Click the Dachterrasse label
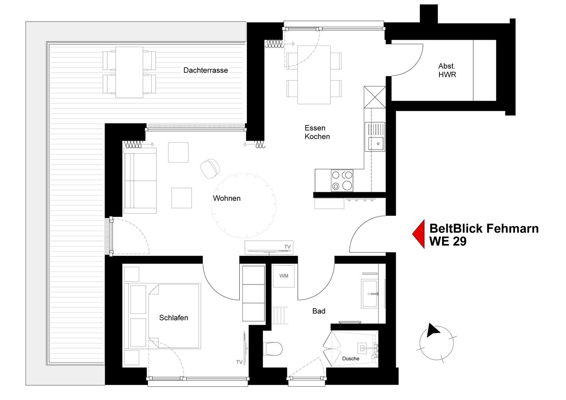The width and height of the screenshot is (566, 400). [206, 70]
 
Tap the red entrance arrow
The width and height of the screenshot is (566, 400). [419, 234]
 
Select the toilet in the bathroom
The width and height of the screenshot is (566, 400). [273, 349]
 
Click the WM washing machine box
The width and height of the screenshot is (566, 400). [283, 276]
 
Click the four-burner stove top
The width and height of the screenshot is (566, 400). [342, 181]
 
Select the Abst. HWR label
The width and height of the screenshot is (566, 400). [447, 70]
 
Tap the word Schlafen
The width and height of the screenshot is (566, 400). [174, 317]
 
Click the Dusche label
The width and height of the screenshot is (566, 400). [351, 359]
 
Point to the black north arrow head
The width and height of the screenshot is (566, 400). [432, 331]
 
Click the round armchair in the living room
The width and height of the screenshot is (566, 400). [210, 169]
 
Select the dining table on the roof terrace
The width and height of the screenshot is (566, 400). [129, 72]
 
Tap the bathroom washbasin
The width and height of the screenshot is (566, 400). [369, 294]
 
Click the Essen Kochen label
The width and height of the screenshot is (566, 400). [317, 132]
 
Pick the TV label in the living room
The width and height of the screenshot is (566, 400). [287, 247]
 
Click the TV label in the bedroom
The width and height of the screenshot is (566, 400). [239, 362]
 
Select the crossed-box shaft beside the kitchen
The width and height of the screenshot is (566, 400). [375, 97]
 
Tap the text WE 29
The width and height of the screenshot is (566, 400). [448, 241]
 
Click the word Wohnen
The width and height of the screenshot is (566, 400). [227, 198]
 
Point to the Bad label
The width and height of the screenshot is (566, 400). [319, 311]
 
